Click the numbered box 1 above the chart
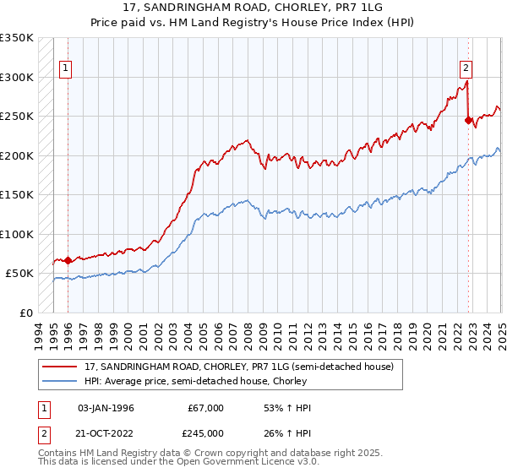(x=66, y=69)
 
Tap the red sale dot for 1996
(x=68, y=260)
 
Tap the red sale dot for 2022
(x=468, y=120)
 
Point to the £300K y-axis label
(x=17, y=77)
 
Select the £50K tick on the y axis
(x=20, y=274)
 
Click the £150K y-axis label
(x=17, y=195)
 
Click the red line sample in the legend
(x=61, y=367)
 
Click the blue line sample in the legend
(x=61, y=382)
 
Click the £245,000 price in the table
(x=205, y=433)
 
